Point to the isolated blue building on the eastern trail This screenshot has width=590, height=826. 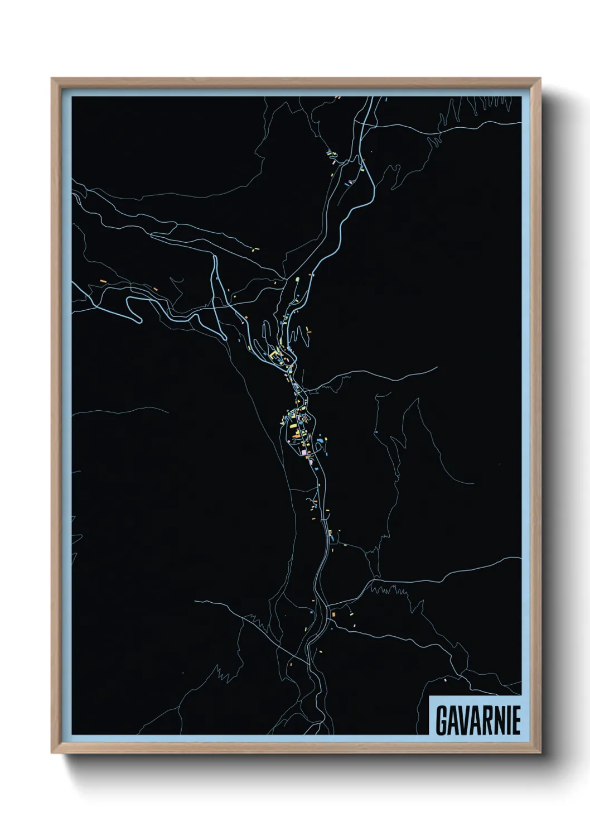(376, 431)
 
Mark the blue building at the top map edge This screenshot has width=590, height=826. (386, 99)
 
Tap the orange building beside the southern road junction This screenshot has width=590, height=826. (333, 614)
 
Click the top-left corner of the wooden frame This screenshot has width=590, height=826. (52, 79)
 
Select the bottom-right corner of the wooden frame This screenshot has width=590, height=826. (541, 755)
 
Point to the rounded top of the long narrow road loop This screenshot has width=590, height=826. (214, 258)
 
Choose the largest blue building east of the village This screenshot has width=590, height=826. (319, 441)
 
